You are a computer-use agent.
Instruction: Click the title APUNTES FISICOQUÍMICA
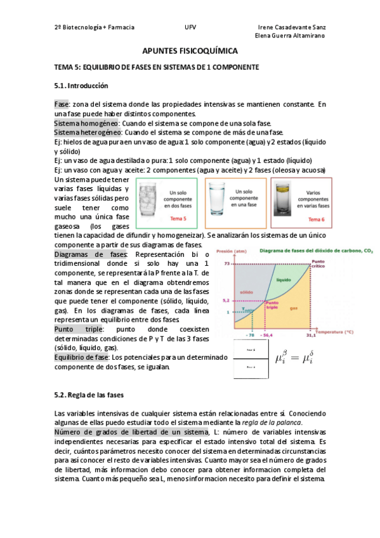(190, 50)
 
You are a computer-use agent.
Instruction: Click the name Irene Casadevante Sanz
(292, 28)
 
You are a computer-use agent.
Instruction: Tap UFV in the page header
(190, 28)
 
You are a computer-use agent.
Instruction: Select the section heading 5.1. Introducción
(81, 85)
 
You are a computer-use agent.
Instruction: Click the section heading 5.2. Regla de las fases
(89, 395)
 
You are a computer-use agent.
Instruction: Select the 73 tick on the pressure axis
(226, 263)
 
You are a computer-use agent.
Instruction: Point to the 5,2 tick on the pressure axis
(225, 301)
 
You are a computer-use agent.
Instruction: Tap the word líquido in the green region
(283, 279)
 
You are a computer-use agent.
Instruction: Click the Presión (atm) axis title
(231, 253)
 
